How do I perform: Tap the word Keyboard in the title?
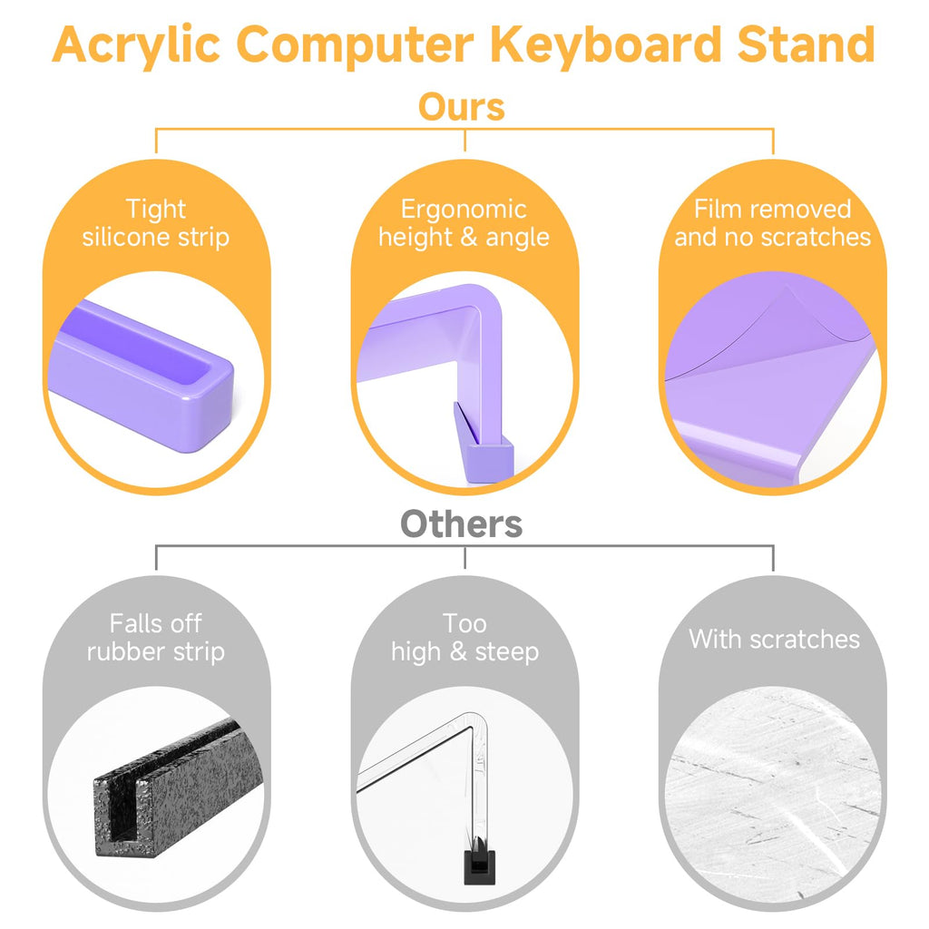click(x=607, y=45)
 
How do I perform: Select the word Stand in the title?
click(x=807, y=44)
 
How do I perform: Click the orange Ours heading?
click(x=462, y=107)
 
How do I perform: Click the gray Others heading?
click(x=462, y=523)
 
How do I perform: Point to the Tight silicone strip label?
click(x=156, y=223)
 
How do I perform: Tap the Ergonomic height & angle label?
click(x=464, y=223)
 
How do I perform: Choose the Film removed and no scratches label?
click(x=773, y=223)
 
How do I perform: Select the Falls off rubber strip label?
click(x=156, y=638)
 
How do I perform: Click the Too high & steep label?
click(x=465, y=638)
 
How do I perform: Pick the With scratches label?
click(x=774, y=640)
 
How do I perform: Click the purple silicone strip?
click(x=142, y=377)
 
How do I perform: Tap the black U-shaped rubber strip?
click(x=178, y=788)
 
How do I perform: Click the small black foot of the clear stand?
click(x=479, y=866)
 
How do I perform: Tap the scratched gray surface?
click(x=773, y=795)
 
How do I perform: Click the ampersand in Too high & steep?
click(x=458, y=651)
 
